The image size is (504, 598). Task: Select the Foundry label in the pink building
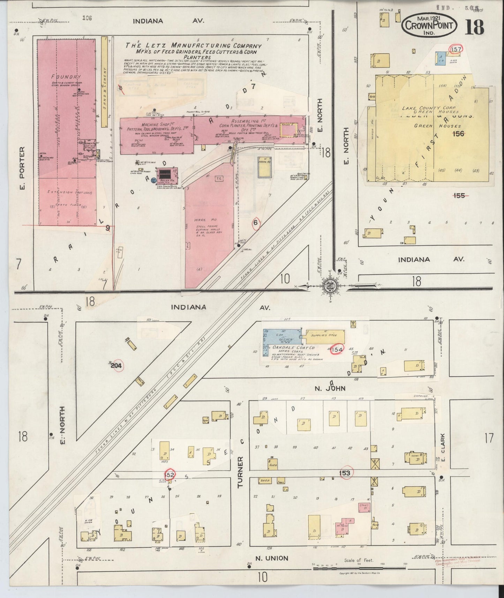[x=61, y=77]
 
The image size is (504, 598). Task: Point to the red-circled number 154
[x=337, y=349]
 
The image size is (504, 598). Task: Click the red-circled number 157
[x=456, y=49]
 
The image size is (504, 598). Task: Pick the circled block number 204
[x=116, y=366]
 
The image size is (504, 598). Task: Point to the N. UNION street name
[x=272, y=558]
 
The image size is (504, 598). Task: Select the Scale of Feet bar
[x=360, y=568]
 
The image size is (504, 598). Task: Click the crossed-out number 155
[x=459, y=195]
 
